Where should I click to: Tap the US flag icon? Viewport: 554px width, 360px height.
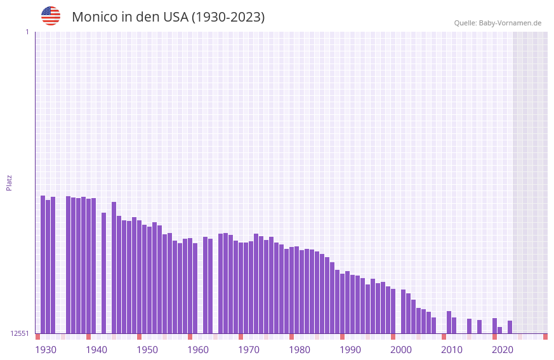51,16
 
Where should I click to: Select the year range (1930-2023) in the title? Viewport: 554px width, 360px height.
228,17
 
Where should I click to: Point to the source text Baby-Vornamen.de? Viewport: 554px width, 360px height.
510,23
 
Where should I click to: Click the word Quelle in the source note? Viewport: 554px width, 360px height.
465,23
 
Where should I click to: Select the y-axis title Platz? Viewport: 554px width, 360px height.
9,182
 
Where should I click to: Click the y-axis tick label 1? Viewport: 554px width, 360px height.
27,32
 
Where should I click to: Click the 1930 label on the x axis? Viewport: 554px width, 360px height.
46,350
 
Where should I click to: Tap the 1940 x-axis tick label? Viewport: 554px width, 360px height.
96,350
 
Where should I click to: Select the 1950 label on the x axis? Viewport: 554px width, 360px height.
147,350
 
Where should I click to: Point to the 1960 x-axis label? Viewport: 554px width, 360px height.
198,350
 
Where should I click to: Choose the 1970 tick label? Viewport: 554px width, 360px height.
249,350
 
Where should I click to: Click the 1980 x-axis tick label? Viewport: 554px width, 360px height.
300,350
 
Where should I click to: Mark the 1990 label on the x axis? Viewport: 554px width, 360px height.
350,350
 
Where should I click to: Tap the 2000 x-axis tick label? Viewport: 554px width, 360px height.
401,350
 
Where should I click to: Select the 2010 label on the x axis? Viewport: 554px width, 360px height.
452,350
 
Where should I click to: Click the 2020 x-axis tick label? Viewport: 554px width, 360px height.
503,350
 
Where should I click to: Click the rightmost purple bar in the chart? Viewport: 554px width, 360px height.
510,327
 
